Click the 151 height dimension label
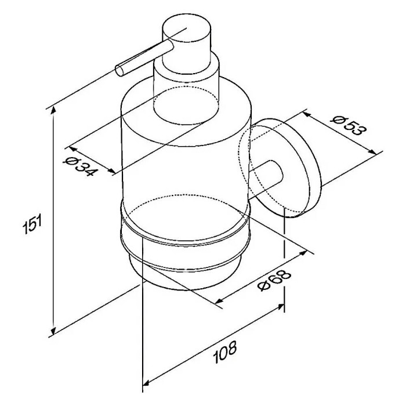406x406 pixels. pos(32,223)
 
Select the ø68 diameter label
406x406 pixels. pos(274,280)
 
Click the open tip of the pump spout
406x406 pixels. pos(120,71)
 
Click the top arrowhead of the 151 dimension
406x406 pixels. pos(53,111)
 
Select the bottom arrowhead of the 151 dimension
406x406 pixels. pos(53,331)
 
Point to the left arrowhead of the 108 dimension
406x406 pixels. pos(147,382)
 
